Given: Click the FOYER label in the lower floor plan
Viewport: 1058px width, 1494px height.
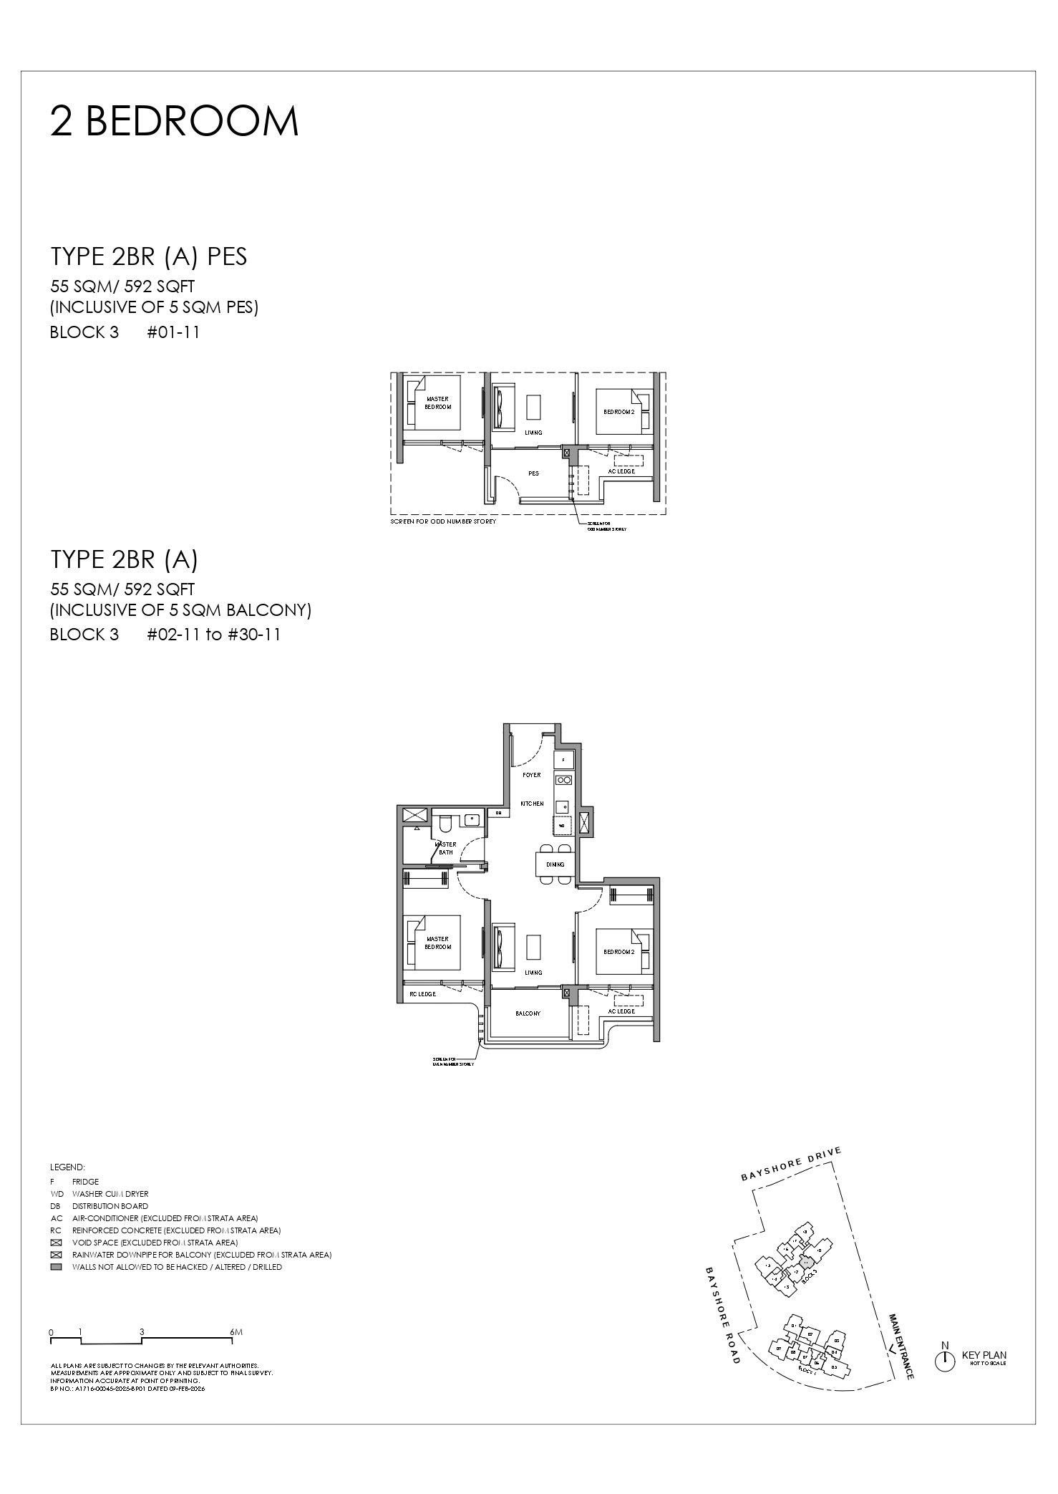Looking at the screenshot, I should point(532,775).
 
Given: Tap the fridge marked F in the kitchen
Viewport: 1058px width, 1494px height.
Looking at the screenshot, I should point(563,759).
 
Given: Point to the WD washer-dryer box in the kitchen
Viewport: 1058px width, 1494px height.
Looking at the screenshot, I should point(562,826).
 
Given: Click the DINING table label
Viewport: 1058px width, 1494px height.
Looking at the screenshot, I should point(555,864).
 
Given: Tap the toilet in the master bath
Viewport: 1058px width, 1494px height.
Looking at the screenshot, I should point(445,821).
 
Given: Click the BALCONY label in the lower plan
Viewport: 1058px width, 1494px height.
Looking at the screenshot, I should point(528,1013).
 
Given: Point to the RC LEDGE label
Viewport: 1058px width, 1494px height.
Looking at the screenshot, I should point(422,994).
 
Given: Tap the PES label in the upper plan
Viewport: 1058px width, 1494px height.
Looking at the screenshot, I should point(533,473).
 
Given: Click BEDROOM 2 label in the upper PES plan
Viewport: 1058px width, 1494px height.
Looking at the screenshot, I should point(618,412).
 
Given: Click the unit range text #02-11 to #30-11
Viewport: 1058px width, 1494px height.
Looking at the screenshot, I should point(213,635).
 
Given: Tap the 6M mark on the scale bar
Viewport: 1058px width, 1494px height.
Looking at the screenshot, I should point(237,1332).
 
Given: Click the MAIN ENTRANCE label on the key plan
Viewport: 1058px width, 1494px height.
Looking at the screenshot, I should point(901,1346).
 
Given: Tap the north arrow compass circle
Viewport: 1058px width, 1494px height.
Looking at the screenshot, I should point(944,1359).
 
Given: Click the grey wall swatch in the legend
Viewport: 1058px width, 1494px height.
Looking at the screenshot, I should point(57,1267).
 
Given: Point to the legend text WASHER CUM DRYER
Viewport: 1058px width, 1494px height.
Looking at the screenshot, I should point(110,1194).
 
